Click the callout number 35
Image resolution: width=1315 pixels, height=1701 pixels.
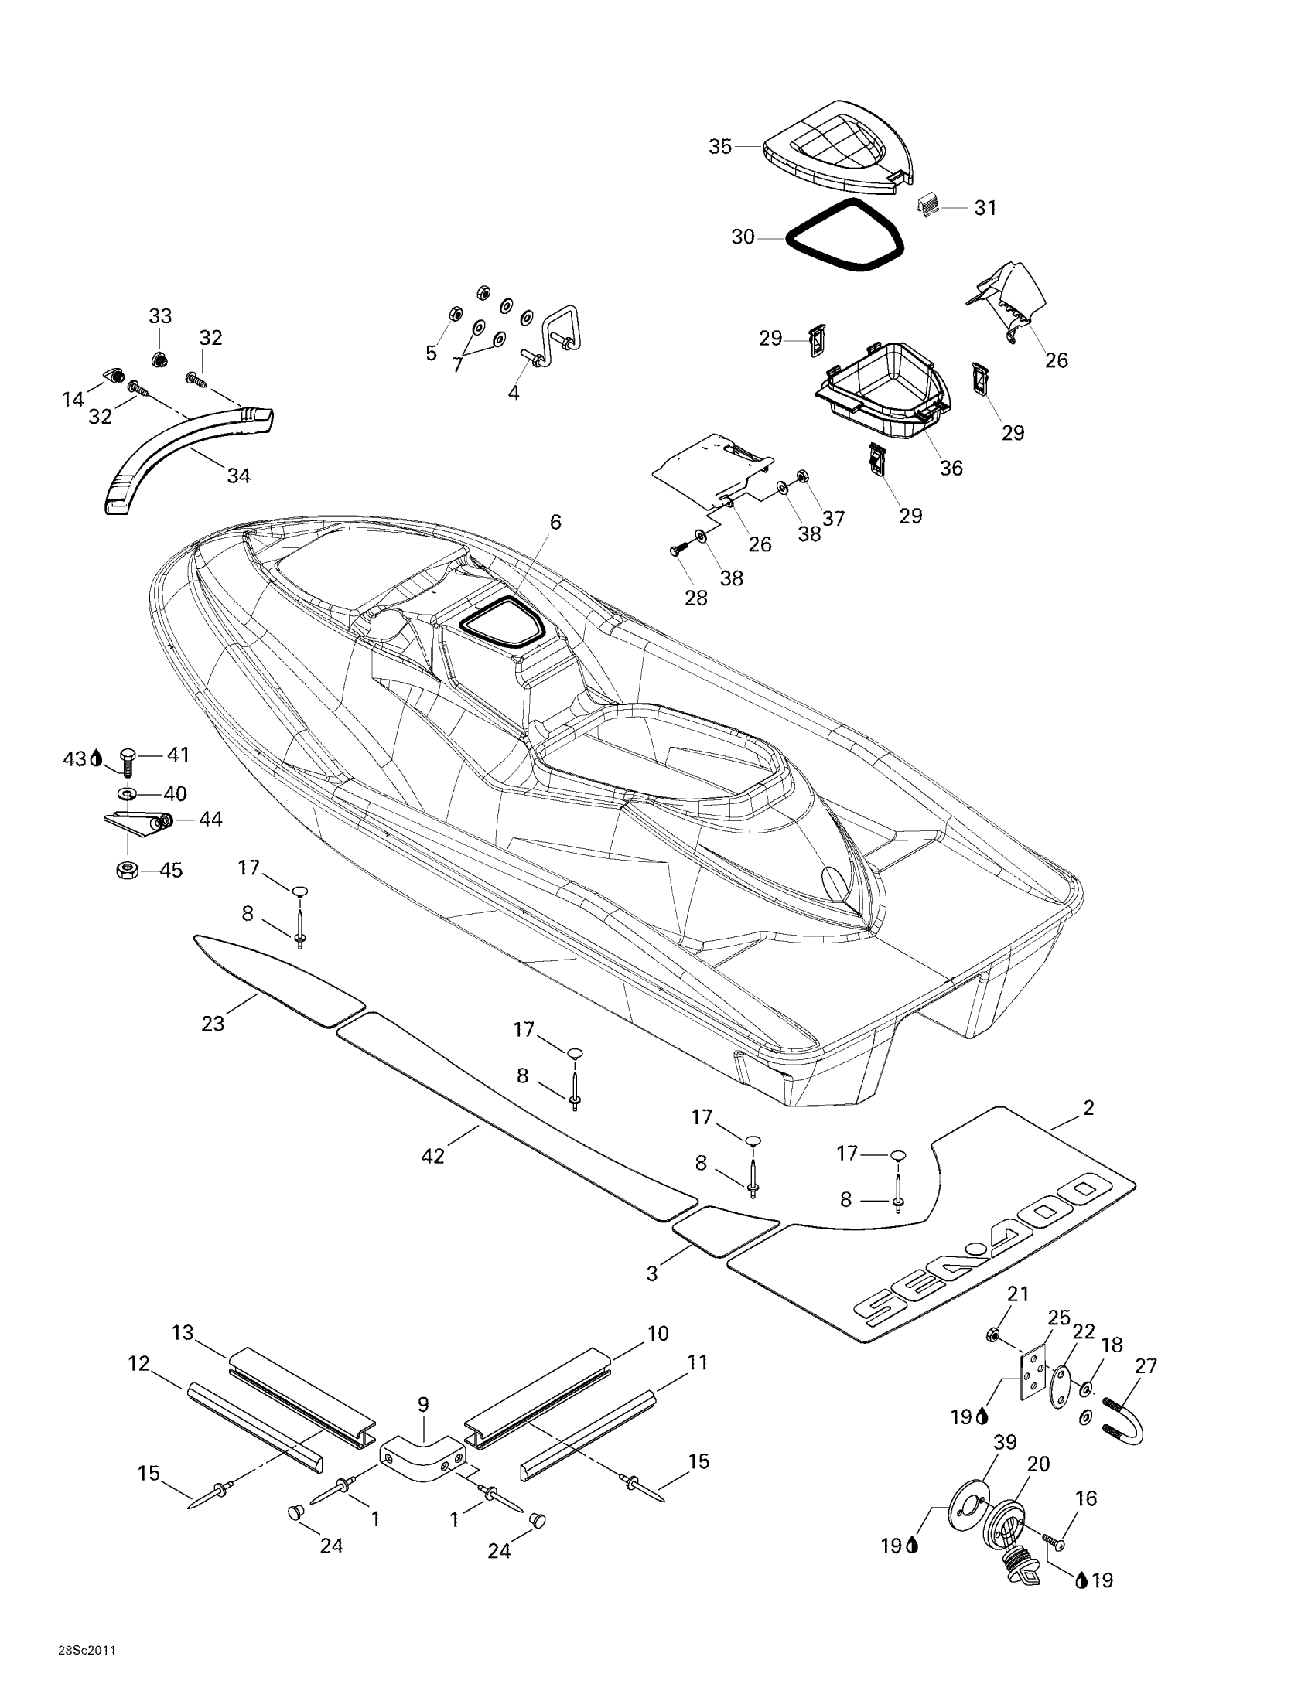tap(720, 146)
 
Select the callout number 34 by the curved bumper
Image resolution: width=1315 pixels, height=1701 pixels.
tap(238, 475)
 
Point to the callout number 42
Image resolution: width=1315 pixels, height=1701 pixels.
tap(432, 1156)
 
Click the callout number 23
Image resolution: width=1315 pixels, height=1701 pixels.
tap(213, 1023)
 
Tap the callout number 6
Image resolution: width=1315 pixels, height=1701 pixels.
tap(555, 522)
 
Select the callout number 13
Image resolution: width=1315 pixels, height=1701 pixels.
tap(183, 1333)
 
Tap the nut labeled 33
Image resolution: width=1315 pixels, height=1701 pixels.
tap(159, 360)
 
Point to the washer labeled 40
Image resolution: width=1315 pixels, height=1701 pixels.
tap(125, 793)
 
